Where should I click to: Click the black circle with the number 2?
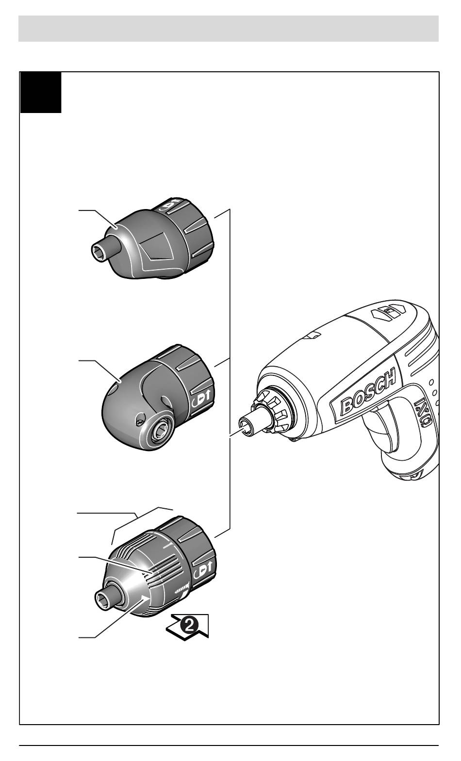[x=189, y=624]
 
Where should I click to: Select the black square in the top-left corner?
[x=41, y=93]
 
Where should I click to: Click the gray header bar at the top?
[x=229, y=29]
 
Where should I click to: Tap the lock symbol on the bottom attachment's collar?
[x=203, y=571]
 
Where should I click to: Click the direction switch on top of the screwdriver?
[x=388, y=310]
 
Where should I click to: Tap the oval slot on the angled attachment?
[x=167, y=401]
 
